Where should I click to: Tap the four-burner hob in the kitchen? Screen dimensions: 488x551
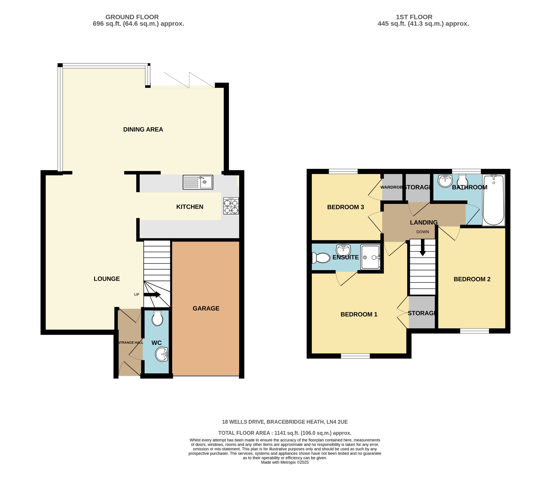click(231, 206)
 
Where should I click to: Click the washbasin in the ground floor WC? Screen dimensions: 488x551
click(162, 354)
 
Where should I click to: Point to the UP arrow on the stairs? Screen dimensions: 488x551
click(152, 295)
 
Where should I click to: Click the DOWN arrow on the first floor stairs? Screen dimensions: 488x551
click(422, 247)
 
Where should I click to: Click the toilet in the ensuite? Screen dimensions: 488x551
click(321, 258)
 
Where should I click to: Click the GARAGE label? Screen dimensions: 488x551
click(206, 308)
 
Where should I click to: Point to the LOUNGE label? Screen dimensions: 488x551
click(107, 279)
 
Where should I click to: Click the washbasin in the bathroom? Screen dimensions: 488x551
click(445, 180)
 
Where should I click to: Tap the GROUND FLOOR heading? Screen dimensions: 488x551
click(132, 17)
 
